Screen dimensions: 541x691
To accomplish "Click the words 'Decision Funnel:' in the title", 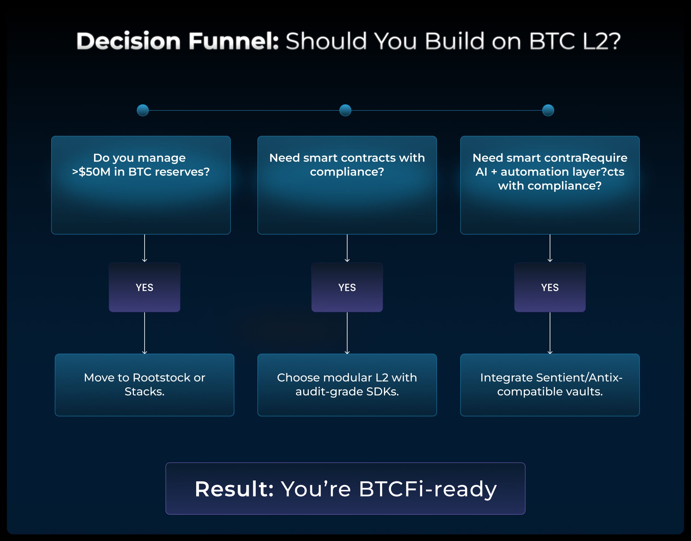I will pos(177,41).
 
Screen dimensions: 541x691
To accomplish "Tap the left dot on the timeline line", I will pos(143,110).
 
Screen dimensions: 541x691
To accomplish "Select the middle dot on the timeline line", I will pos(345,110).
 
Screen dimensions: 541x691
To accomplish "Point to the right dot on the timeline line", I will pos(548,110).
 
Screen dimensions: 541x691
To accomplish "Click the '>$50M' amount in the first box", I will pos(91,172).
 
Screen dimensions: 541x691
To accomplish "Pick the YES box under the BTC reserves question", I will pos(145,288).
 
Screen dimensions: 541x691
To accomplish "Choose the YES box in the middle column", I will pos(347,288).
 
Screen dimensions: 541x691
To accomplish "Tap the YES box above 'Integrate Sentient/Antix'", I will pos(550,288).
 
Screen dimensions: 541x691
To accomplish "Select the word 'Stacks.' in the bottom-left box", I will pos(145,392).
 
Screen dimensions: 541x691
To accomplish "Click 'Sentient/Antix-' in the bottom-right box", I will pos(579,378).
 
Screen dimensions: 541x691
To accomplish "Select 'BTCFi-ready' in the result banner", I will pos(428,489).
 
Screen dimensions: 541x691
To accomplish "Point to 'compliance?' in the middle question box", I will pos(347,172).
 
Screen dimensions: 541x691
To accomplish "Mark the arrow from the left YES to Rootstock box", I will pos(145,333).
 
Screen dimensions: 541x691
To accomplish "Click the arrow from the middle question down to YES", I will pos(347,248).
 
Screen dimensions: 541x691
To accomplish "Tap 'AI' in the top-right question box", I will pos(481,172).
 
